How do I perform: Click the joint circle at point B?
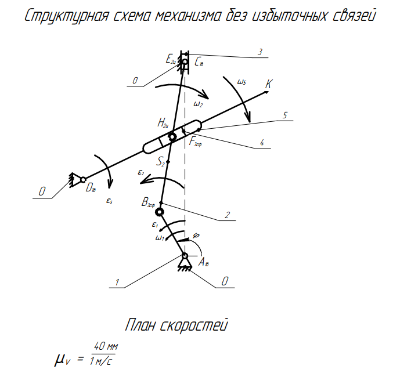tap(160, 212)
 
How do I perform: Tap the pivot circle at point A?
tap(185, 256)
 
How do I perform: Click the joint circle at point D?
tap(83, 179)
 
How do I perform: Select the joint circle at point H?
tap(172, 137)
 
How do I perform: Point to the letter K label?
tap(268, 84)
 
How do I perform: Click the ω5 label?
tap(241, 82)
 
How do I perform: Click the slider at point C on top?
tap(185, 63)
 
